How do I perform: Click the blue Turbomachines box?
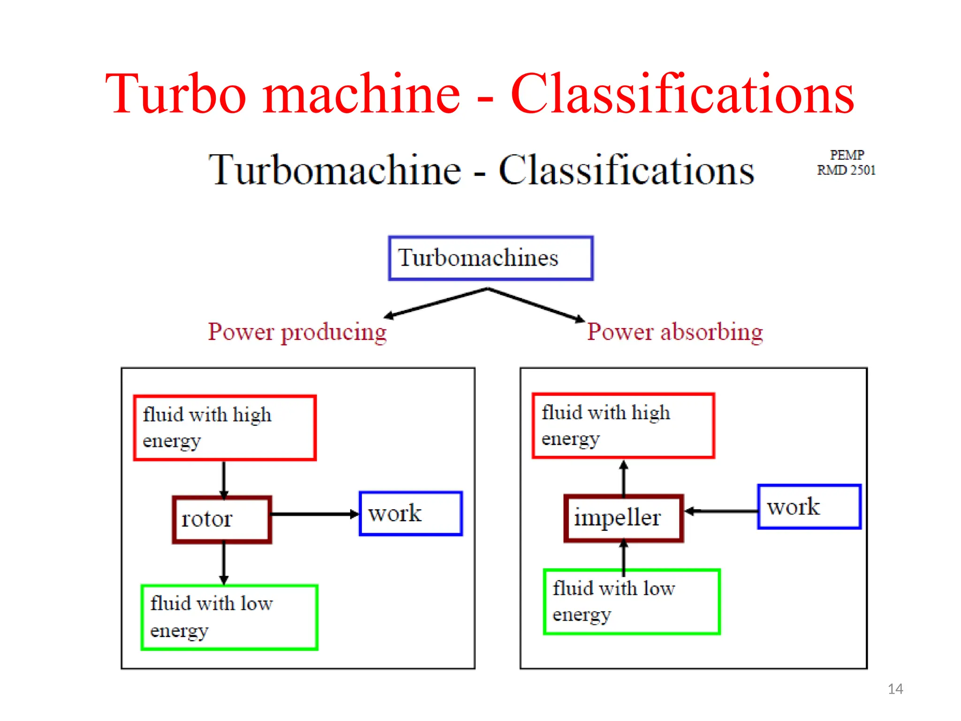click(491, 258)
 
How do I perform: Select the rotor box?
click(222, 519)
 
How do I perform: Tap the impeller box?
click(624, 518)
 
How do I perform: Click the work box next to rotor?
click(411, 514)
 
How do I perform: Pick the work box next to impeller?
click(809, 507)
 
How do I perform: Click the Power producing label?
click(297, 332)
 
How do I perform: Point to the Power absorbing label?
click(675, 332)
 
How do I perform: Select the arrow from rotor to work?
click(314, 514)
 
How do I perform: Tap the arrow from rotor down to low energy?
click(224, 563)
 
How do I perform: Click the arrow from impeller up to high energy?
click(624, 478)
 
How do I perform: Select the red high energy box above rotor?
click(225, 428)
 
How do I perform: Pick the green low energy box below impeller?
click(632, 602)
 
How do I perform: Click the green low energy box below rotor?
click(229, 617)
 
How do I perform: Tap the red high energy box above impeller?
click(623, 426)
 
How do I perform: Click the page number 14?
click(895, 689)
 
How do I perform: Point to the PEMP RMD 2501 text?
click(846, 162)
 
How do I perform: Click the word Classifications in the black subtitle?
click(626, 170)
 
